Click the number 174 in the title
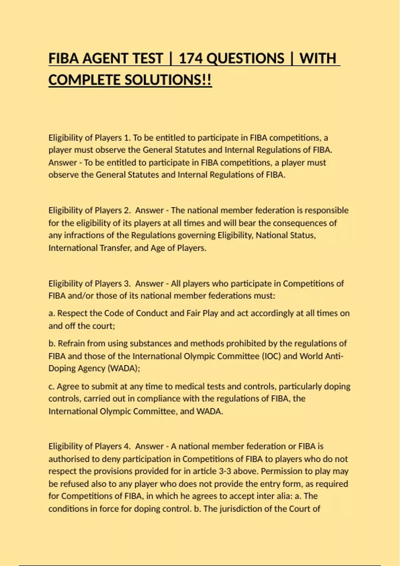[x=191, y=59]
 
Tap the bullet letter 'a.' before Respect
[x=52, y=313]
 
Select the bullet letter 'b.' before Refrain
[x=52, y=344]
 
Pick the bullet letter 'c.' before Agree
[x=51, y=387]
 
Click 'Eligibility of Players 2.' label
[x=90, y=210]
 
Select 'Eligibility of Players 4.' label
[x=90, y=446]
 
